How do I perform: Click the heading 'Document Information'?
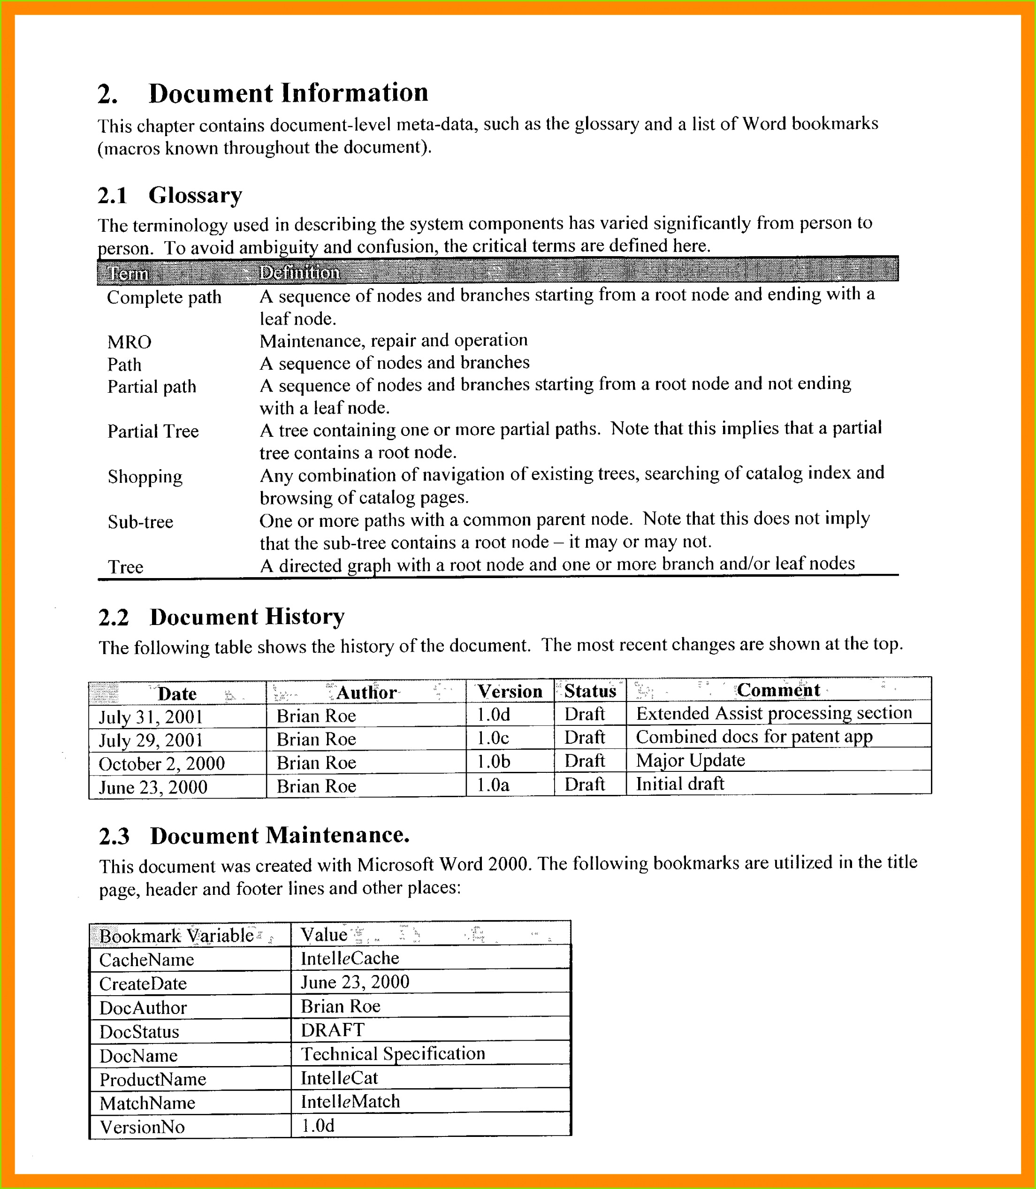tap(288, 93)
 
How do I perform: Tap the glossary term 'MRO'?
tap(129, 342)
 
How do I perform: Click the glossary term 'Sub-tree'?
tap(140, 522)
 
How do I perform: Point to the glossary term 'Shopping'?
tap(145, 477)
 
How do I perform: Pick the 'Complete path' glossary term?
tap(164, 297)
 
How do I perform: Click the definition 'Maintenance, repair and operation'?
tap(393, 341)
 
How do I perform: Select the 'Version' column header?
tap(510, 691)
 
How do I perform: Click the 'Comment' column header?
tap(777, 690)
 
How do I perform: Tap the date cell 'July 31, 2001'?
tap(151, 717)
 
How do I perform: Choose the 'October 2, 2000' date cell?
tap(161, 763)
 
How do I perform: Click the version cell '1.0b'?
tap(493, 762)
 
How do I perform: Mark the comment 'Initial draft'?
tap(680, 784)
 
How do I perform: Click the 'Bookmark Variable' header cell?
tap(176, 936)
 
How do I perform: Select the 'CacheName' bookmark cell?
tap(146, 960)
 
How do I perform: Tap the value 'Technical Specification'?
tap(393, 1054)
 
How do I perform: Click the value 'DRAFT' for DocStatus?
tap(332, 1030)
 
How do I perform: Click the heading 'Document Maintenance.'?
tap(279, 836)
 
